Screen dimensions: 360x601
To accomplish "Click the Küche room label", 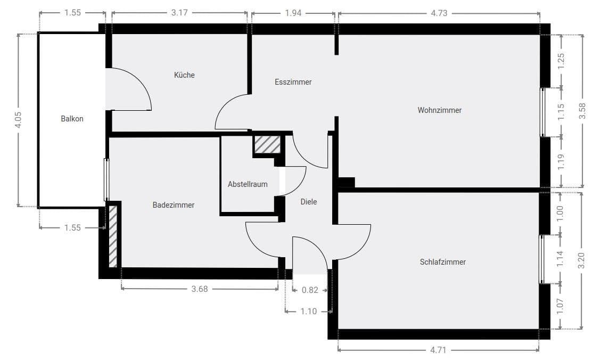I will point(184,75).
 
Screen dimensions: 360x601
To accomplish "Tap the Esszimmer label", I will point(293,82).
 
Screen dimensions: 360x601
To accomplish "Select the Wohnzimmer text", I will point(439,110).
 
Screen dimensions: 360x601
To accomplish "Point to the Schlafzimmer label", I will point(442,262).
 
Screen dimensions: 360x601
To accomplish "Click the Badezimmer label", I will point(173,205).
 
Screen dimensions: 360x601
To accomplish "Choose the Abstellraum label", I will point(248,184).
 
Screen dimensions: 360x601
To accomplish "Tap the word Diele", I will point(308,202).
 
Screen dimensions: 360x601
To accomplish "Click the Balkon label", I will point(72,119).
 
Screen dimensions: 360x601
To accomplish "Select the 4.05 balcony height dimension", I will point(18,120).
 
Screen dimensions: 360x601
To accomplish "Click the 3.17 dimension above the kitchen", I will point(179,13).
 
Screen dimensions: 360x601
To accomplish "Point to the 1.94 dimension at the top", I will point(293,13).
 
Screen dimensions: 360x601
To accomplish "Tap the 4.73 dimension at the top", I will point(439,13).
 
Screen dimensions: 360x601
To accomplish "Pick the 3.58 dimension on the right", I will point(582,110).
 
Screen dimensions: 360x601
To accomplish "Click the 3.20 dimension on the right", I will point(581,260).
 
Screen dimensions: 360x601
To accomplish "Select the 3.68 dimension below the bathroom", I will point(199,289).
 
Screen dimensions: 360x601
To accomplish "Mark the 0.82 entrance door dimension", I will point(310,290).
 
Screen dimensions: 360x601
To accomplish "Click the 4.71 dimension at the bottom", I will point(438,350).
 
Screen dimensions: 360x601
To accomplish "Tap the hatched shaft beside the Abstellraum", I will point(266,145).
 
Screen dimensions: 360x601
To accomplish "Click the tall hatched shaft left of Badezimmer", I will point(113,236).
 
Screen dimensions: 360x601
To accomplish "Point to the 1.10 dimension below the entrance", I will point(308,311).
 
